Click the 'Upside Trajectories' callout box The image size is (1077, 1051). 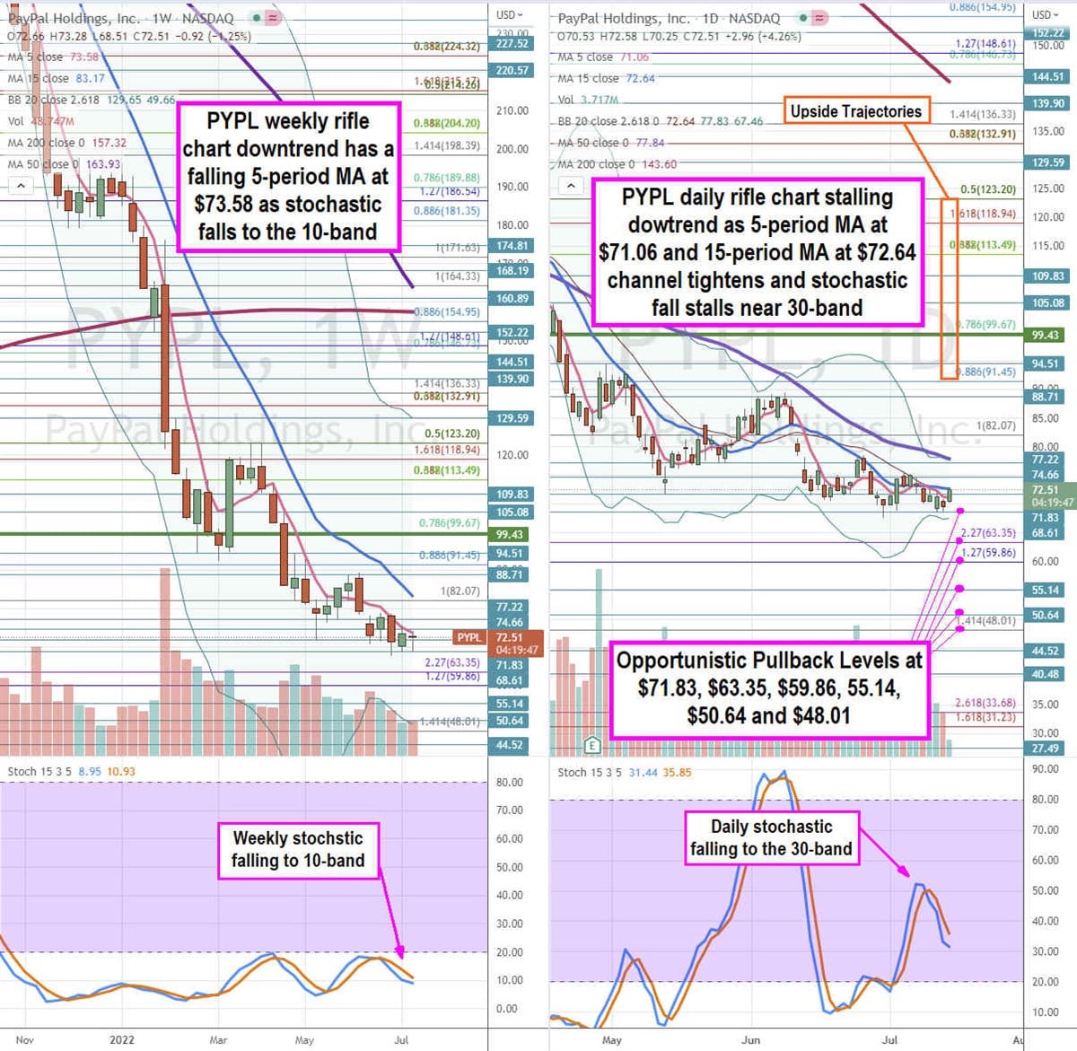click(855, 111)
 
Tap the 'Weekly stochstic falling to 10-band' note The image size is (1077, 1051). click(298, 849)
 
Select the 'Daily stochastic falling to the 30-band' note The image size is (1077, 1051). click(771, 837)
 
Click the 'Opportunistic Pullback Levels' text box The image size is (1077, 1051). click(769, 688)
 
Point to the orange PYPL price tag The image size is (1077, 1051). click(469, 637)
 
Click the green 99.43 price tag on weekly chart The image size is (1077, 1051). click(509, 534)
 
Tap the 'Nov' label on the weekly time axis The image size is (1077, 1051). click(24, 1040)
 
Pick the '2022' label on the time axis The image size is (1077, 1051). click(122, 1040)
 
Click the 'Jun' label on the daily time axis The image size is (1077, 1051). click(751, 1040)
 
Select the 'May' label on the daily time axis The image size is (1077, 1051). click(612, 1040)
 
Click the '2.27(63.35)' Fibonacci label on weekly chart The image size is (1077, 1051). click(452, 662)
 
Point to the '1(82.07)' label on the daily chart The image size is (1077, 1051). click(996, 425)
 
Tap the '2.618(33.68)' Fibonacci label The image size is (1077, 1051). click(985, 703)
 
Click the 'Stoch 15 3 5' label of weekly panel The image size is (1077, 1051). click(39, 771)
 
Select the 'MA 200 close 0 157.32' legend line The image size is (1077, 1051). click(67, 143)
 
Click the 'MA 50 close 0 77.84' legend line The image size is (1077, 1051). click(610, 143)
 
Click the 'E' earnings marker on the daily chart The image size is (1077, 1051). click(591, 744)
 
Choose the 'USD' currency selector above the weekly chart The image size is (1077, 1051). click(510, 14)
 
